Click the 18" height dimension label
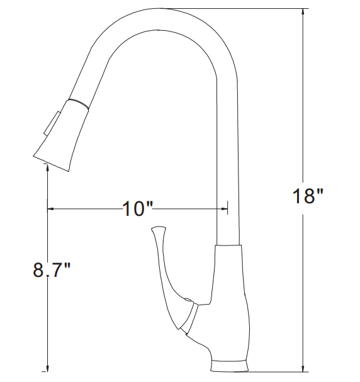[307, 196]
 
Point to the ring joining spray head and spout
[79, 103]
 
